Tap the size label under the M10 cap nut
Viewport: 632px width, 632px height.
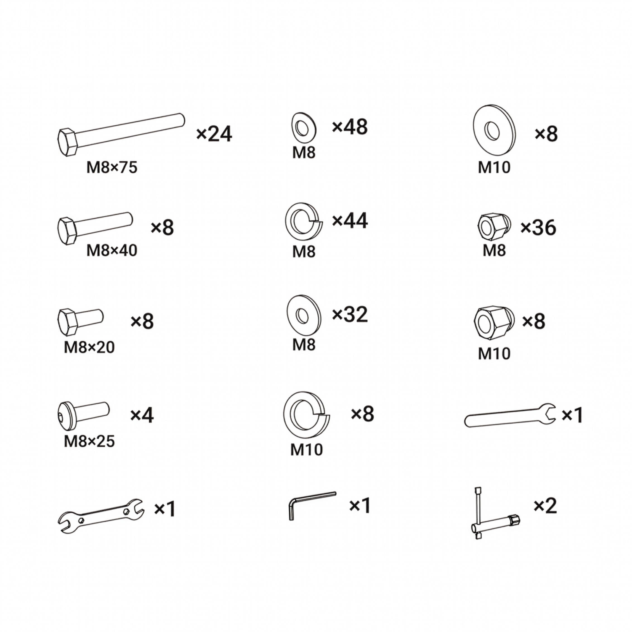[494, 354]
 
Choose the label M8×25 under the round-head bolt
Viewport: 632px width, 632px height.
[89, 441]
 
